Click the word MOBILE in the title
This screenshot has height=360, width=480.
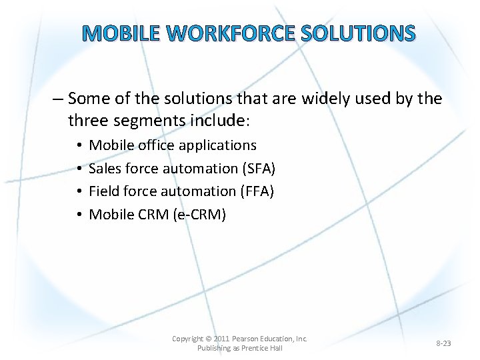point(122,33)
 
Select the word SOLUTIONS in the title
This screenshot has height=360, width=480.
point(359,33)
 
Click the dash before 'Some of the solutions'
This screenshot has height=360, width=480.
point(57,99)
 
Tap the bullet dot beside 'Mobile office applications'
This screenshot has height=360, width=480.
point(79,145)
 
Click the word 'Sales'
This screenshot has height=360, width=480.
point(105,168)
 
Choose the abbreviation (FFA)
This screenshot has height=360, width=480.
point(257,191)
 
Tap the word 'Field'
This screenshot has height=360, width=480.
point(104,191)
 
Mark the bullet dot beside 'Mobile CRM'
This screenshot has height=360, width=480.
point(79,215)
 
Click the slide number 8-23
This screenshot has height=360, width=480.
point(443,343)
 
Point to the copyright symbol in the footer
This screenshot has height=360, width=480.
point(208,339)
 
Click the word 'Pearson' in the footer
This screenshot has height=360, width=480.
point(247,339)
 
